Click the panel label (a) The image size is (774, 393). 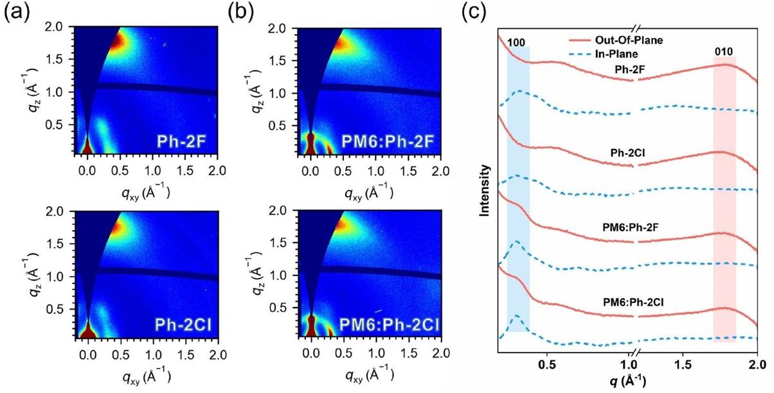[x=15, y=14]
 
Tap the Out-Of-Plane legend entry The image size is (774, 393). [x=616, y=40]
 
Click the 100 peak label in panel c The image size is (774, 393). [x=517, y=42]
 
